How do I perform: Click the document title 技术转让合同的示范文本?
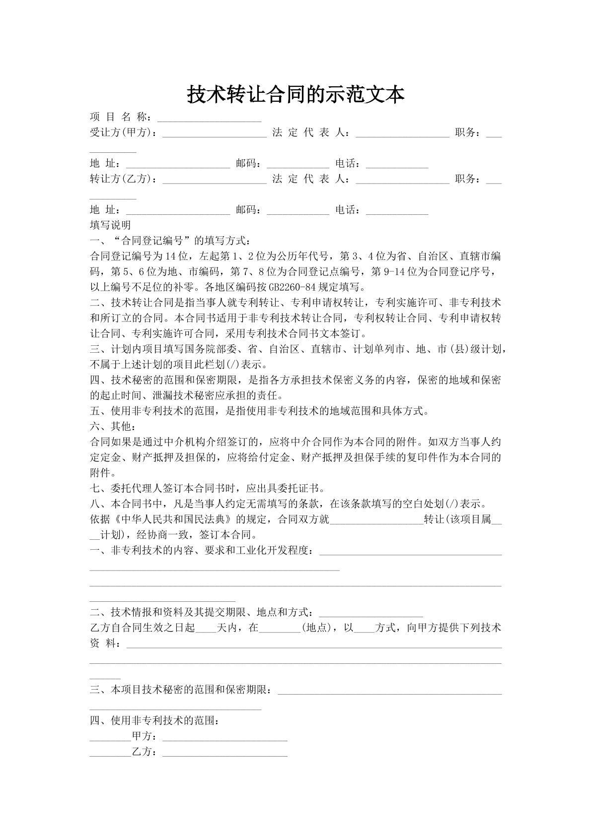pos(295,94)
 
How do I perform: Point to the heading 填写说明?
pos(110,225)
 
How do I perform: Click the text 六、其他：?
pos(112,426)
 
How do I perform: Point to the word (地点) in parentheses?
pos(317,628)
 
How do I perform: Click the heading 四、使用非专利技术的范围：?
pos(154,721)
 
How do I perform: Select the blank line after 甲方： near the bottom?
pos(225,737)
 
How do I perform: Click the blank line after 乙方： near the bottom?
pos(225,753)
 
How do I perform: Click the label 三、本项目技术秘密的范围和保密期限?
pos(181,690)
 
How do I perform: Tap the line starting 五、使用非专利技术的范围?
pos(258,411)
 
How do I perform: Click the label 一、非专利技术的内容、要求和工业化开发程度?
pos(202,551)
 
